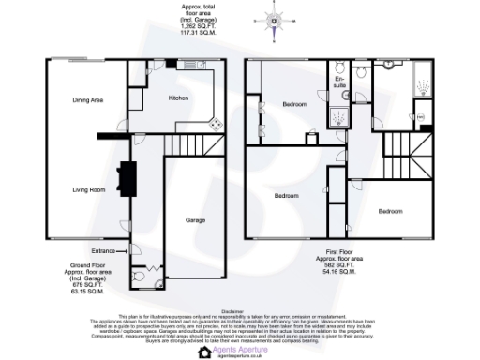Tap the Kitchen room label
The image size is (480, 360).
coord(179,98)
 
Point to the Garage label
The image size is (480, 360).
coord(195,220)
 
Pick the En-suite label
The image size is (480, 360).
coord(341,83)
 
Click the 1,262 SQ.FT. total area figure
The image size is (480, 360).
coord(196,26)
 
